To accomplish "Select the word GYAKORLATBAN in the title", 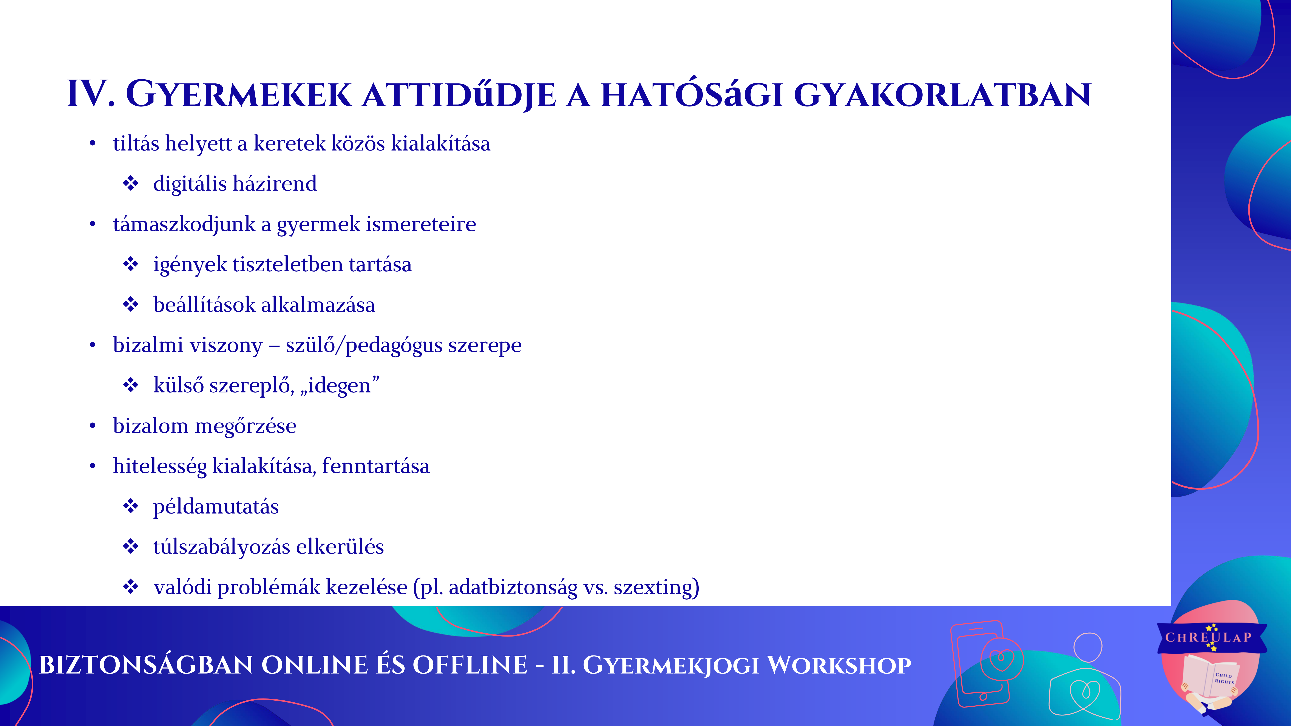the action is pyautogui.click(x=942, y=95).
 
